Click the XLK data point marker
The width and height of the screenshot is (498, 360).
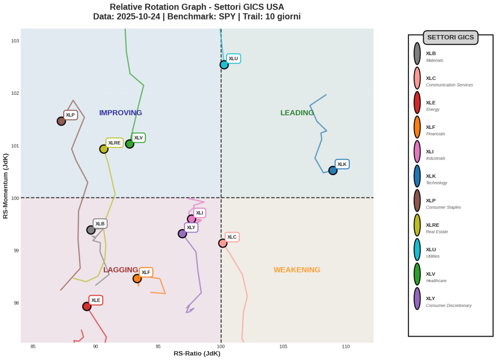(x=333, y=170)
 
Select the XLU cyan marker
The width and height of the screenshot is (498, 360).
(x=224, y=65)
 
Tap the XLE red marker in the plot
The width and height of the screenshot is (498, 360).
(x=87, y=306)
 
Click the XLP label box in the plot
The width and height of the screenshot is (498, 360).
(x=71, y=115)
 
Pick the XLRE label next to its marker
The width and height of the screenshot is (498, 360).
(x=114, y=143)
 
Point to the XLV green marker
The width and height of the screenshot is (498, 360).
(x=129, y=144)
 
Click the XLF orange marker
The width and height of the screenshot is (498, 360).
(x=137, y=279)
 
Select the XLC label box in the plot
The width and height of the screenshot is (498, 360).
(x=232, y=237)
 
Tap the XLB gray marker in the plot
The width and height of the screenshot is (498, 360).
(x=91, y=230)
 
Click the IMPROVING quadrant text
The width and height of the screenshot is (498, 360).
(x=121, y=113)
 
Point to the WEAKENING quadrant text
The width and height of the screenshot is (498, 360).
(x=297, y=270)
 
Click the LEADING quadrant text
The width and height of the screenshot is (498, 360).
(x=297, y=113)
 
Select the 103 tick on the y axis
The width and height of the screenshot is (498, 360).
(x=15, y=41)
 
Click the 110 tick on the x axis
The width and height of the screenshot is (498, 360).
(x=346, y=346)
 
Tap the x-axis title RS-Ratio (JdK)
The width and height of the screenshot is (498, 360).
(x=197, y=354)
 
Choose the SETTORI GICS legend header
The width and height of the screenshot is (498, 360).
(x=450, y=37)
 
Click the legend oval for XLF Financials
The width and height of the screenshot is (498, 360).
(x=417, y=127)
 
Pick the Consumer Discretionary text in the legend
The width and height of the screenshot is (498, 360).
(x=448, y=306)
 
